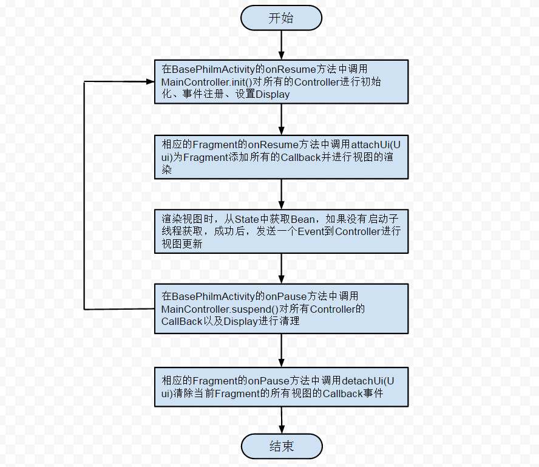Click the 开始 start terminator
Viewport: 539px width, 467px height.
(281, 18)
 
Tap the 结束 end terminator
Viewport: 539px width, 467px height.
(281, 446)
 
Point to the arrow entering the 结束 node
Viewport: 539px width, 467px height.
(282, 420)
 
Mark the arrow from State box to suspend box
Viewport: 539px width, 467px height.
(282, 268)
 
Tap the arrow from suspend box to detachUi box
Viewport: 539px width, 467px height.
(282, 350)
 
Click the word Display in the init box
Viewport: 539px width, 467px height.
(273, 95)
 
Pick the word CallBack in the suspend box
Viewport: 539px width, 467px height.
(181, 322)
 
